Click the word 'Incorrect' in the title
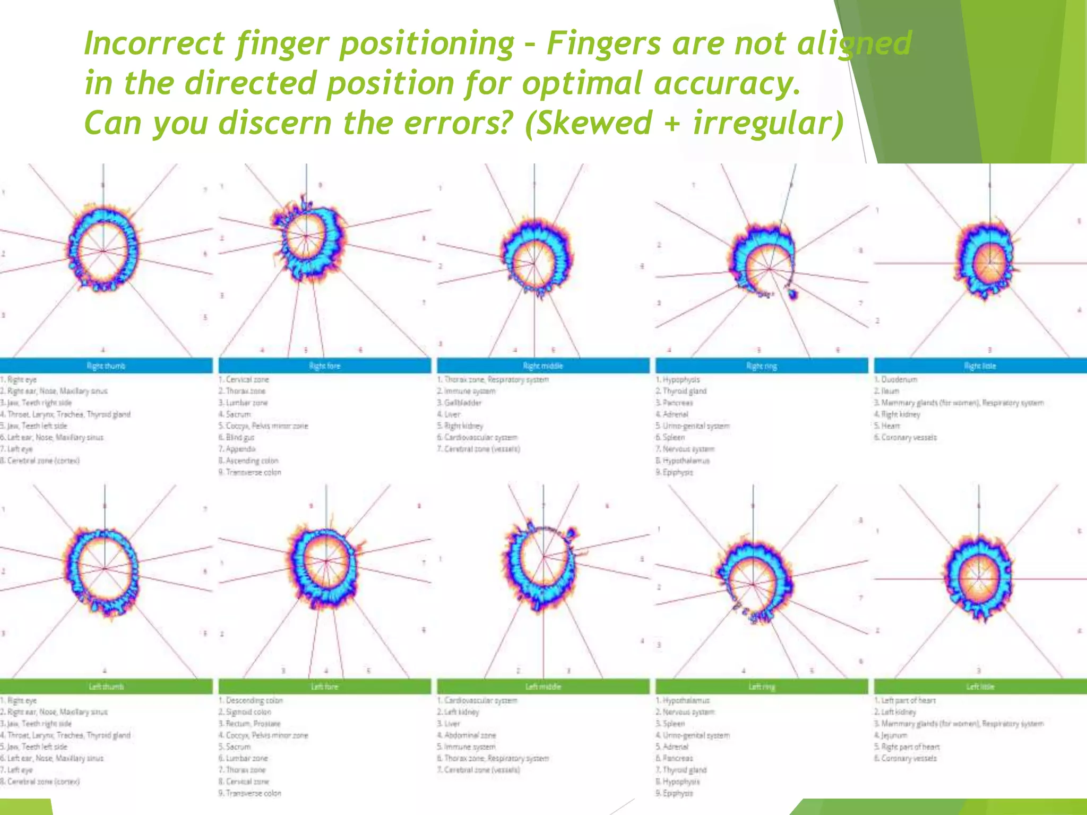tap(154, 44)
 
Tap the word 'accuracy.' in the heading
tap(727, 84)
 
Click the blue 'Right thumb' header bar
tap(106, 366)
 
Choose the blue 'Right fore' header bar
tap(325, 366)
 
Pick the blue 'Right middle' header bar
tap(543, 366)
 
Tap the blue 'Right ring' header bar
tap(762, 366)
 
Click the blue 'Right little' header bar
tap(980, 366)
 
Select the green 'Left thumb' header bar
tap(106, 687)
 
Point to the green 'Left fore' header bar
tap(325, 687)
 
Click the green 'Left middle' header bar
tap(543, 687)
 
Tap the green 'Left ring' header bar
tap(762, 687)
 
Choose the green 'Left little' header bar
tap(980, 687)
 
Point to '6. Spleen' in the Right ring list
tap(670, 438)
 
